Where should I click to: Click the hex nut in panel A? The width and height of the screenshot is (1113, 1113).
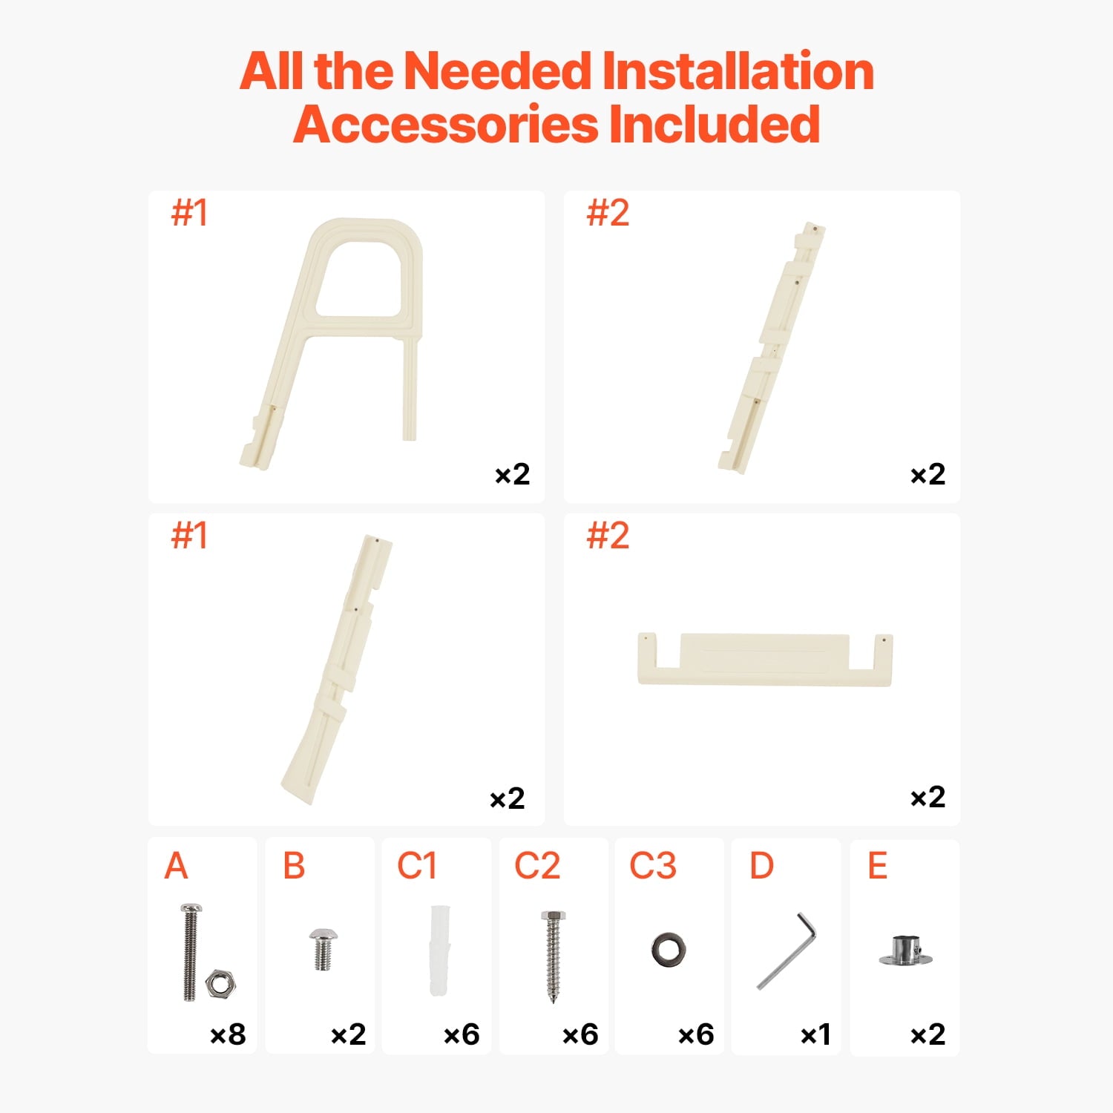[x=220, y=984]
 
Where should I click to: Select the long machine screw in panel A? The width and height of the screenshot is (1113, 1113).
[x=191, y=952]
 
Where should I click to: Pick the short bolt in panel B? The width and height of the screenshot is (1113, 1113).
[x=323, y=949]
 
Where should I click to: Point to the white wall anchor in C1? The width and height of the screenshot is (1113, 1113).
[x=438, y=951]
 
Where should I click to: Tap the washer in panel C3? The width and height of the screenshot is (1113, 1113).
[x=669, y=950]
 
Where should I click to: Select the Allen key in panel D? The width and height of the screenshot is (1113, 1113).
[x=787, y=951]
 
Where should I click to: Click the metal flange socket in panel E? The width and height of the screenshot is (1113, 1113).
[x=905, y=951]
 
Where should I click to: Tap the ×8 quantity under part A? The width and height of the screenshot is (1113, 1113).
[x=228, y=1034]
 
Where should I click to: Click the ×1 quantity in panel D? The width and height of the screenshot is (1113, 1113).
[x=815, y=1034]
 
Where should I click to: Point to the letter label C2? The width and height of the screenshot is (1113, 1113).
[x=537, y=866]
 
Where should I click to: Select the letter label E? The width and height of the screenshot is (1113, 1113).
[x=878, y=866]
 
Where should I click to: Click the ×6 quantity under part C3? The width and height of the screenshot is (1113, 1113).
[x=696, y=1034]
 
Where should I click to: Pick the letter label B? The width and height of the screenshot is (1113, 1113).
[x=294, y=866]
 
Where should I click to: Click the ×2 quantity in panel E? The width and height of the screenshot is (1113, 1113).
[x=927, y=1034]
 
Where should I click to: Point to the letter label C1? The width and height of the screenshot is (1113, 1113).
[x=416, y=866]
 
